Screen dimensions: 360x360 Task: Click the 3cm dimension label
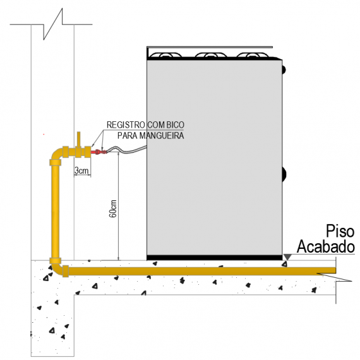click(x=81, y=171)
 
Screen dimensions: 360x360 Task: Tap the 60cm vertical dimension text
click(x=113, y=208)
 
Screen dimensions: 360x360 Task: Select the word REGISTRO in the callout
click(x=126, y=125)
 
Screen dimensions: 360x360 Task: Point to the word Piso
click(x=340, y=231)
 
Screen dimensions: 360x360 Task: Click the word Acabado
click(x=326, y=246)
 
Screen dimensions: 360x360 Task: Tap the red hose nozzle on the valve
click(x=99, y=152)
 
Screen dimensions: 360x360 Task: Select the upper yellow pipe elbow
click(x=56, y=154)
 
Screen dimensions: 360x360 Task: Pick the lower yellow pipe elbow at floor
click(x=57, y=268)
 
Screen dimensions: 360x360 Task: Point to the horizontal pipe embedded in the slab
click(x=202, y=271)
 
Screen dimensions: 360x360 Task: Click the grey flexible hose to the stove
click(x=127, y=150)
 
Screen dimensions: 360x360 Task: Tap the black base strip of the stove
click(x=215, y=258)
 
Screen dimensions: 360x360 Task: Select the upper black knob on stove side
click(x=284, y=69)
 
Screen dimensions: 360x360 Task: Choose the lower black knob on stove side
click(x=284, y=174)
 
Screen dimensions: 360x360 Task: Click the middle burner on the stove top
click(x=211, y=55)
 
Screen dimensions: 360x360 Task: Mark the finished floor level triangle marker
click(x=287, y=257)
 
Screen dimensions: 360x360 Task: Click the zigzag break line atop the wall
click(x=53, y=24)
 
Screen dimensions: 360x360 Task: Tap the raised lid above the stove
click(x=210, y=47)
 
